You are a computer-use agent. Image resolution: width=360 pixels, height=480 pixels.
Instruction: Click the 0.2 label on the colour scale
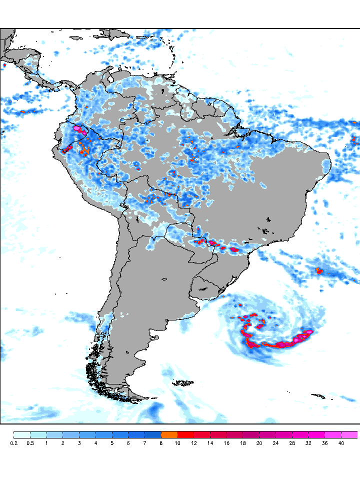tap(13, 443)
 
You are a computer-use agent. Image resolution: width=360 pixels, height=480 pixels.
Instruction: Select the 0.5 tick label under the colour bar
tap(30, 443)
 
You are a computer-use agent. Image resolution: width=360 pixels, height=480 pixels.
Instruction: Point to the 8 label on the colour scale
tap(161, 443)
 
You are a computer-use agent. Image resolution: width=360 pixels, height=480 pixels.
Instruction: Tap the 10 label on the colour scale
tap(177, 443)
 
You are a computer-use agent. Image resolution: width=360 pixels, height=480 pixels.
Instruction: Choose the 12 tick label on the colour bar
tap(194, 443)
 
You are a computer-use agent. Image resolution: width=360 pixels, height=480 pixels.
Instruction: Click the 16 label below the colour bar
tap(226, 443)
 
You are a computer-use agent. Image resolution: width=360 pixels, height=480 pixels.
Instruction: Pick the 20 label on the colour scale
tap(259, 443)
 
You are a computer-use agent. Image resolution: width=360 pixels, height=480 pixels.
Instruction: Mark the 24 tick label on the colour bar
tap(275, 443)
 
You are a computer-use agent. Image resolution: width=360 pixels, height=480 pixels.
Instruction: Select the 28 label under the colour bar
tap(292, 443)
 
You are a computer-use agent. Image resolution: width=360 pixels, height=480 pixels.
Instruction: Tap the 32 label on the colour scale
tap(308, 443)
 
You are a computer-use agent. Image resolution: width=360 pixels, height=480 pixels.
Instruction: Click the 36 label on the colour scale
tap(325, 443)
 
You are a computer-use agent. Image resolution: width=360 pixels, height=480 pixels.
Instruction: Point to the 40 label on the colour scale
tap(341, 443)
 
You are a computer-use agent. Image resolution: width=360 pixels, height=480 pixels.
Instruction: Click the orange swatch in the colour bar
tap(169, 434)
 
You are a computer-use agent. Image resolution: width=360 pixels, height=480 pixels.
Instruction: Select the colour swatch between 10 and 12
tap(185, 434)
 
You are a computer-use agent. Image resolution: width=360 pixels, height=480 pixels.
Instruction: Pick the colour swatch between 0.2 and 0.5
tap(22, 434)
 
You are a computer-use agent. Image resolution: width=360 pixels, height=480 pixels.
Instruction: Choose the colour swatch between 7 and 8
tap(153, 434)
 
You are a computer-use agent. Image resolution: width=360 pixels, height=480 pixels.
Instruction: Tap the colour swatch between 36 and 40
tap(333, 434)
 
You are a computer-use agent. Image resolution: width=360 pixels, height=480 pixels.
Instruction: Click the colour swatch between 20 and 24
tap(267, 434)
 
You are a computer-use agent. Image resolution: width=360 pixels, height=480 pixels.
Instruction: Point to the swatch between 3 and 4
tap(87, 434)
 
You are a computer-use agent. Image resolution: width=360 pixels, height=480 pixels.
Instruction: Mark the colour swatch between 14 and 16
tap(218, 434)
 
